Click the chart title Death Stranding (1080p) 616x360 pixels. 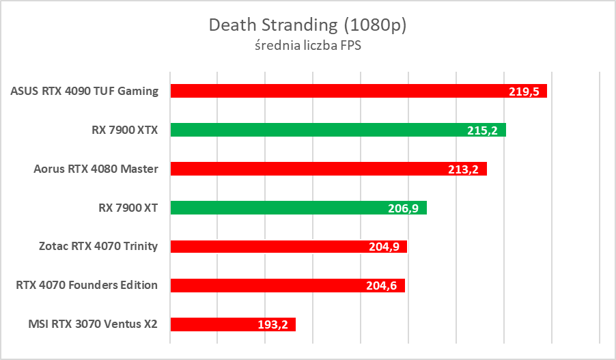[307, 25]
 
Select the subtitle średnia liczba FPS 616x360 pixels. [307, 46]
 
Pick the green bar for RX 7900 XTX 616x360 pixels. [321, 130]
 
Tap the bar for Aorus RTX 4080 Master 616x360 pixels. [314, 169]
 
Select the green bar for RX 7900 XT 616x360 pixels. [287, 208]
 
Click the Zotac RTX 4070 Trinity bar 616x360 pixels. [273, 247]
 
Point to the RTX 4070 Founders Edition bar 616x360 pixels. [273, 286]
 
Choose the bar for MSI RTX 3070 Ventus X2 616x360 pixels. [219, 324]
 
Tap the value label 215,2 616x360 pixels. [484, 130]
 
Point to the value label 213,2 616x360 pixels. [465, 169]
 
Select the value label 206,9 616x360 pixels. [405, 208]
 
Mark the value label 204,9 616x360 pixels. [385, 247]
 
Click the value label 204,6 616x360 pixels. [383, 286]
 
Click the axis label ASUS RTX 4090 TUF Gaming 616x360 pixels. [85, 91]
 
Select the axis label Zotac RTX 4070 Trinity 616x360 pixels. [98, 247]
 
